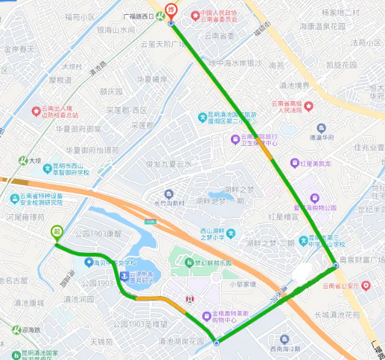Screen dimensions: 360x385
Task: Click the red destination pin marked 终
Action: tap(171, 11)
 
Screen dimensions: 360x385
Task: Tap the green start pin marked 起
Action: tap(57, 232)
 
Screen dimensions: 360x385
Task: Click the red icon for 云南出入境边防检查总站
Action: tap(36, 110)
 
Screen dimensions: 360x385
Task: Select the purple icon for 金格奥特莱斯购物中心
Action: tap(206, 317)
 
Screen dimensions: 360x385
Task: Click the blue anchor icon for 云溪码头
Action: tap(123, 275)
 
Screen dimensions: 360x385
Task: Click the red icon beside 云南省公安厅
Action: tap(365, 286)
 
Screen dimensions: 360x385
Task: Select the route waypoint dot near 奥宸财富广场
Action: tap(335, 266)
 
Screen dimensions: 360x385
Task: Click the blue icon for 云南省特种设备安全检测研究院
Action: tap(15, 199)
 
